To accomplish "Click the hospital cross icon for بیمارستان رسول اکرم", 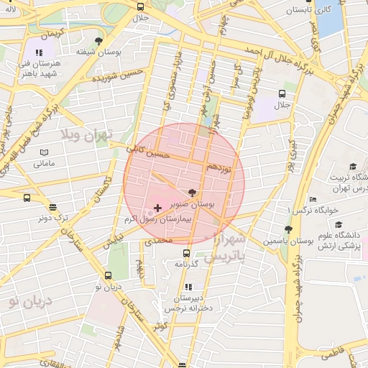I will (x=158, y=208).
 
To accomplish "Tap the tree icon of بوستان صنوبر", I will (x=192, y=192).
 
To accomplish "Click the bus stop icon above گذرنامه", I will (x=186, y=253).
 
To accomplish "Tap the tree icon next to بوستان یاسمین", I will (x=288, y=229).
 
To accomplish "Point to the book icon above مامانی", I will (x=44, y=153).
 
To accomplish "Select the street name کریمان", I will (x=52, y=34).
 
